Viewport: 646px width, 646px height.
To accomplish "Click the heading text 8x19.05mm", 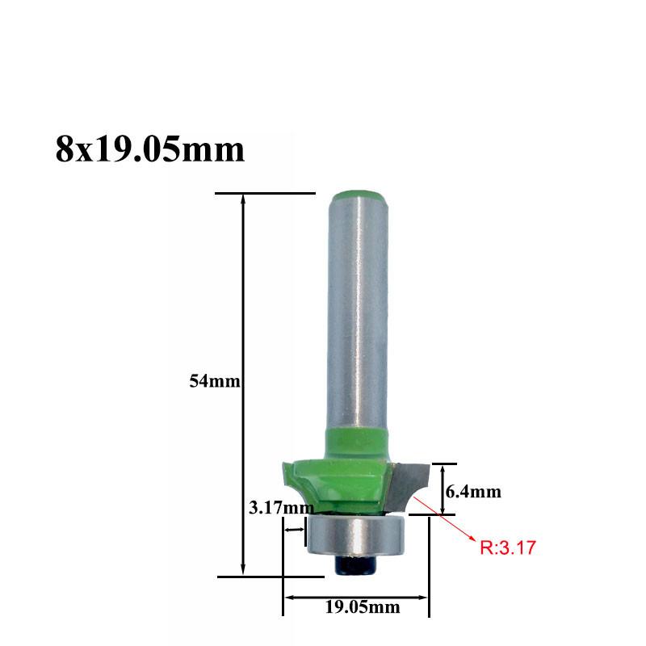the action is tap(150, 149).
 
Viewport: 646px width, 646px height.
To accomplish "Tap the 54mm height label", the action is tap(214, 381).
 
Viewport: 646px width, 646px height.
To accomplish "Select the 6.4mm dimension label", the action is tap(473, 492).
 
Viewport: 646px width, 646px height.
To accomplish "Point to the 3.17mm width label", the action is tap(281, 507).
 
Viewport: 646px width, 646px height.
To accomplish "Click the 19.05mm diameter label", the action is tap(363, 607).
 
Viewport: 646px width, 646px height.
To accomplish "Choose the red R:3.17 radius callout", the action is tap(508, 548).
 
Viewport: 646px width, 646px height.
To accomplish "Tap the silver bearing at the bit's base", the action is tap(359, 535).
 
